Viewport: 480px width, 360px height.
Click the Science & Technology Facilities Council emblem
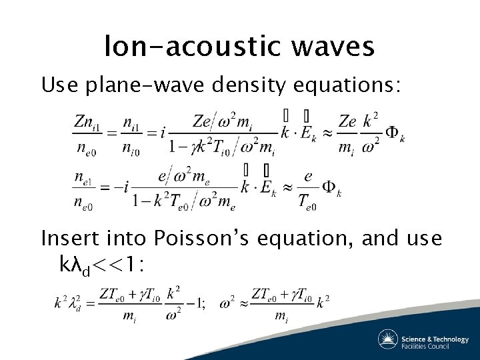pos(388,339)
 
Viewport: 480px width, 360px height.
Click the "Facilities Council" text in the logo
pos(434,345)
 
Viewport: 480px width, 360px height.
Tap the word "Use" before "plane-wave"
pos(59,86)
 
